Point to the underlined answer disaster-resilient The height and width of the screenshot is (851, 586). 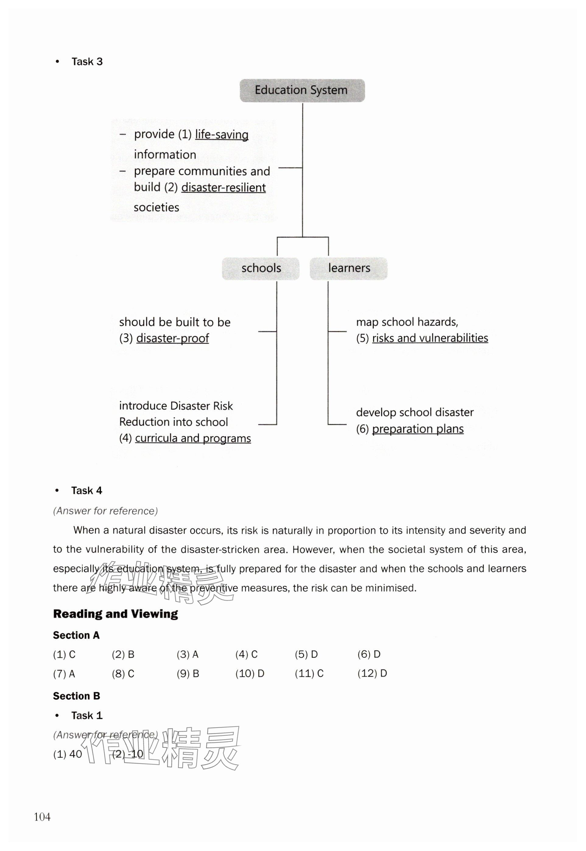click(x=224, y=187)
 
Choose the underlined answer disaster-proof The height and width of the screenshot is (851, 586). click(x=173, y=338)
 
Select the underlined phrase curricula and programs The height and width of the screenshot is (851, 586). click(x=193, y=438)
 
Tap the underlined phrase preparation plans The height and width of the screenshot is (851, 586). click(x=418, y=429)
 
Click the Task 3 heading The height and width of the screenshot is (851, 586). click(x=87, y=62)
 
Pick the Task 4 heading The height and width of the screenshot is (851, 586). click(x=87, y=491)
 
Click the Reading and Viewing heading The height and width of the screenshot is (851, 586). click(x=115, y=614)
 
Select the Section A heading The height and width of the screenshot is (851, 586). click(x=76, y=635)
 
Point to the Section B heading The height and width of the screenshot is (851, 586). click(x=76, y=696)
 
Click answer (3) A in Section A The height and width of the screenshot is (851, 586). click(x=187, y=654)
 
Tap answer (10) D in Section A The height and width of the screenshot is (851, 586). click(x=250, y=674)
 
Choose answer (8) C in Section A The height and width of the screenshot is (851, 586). click(x=123, y=674)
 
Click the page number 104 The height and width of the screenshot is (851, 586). click(x=42, y=817)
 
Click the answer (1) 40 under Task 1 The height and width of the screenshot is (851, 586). click(x=68, y=754)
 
